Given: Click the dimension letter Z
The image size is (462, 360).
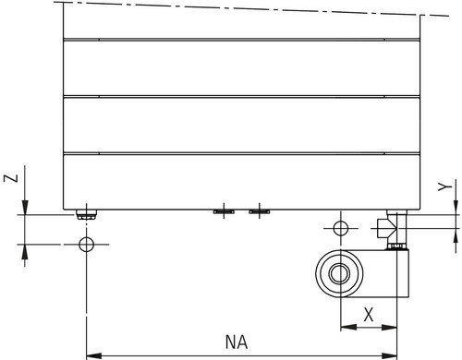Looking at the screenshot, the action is (x=11, y=178).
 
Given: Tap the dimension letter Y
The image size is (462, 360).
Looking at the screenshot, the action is (x=445, y=186).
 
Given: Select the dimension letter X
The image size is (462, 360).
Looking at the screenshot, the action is (x=369, y=315).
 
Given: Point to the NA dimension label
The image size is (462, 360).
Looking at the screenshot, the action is (x=237, y=342).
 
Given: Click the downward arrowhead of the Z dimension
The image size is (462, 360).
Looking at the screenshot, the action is (x=25, y=207).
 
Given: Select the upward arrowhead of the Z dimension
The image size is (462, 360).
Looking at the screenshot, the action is (x=25, y=252).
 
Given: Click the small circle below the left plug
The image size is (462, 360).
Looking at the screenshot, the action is (x=86, y=245).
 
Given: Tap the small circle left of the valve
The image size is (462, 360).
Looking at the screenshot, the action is (x=341, y=228).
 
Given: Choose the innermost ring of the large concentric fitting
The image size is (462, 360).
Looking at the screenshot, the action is (x=339, y=273).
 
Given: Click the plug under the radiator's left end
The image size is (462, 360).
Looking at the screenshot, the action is (x=87, y=214).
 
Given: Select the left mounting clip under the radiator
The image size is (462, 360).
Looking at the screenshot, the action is (x=224, y=211).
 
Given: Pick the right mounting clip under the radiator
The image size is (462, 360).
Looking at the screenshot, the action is (x=260, y=211).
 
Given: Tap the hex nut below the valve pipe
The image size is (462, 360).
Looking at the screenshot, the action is (x=397, y=246).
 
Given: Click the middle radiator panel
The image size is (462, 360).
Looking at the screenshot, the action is (x=241, y=125).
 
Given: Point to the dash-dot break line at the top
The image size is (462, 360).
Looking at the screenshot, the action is (x=251, y=8).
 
